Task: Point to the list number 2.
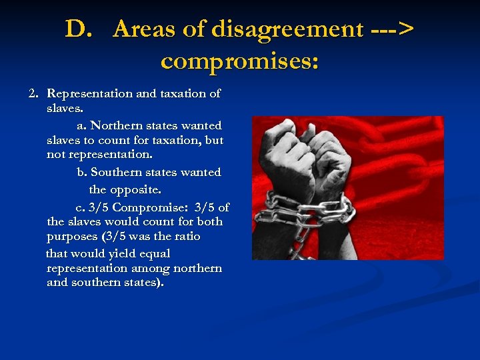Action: coord(34,93)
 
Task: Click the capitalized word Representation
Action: coord(90,93)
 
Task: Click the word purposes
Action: coord(71,237)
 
